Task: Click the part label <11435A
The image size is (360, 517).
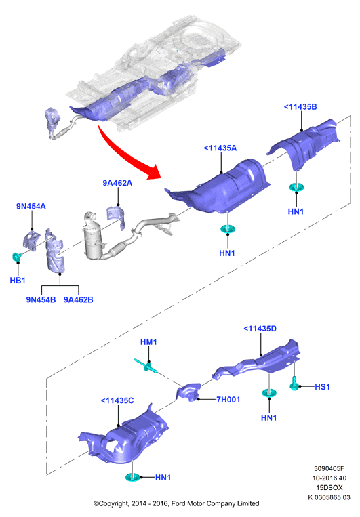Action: tap(220, 148)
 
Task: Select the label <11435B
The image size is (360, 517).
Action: tap(300, 107)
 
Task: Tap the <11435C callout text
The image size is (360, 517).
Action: tap(117, 400)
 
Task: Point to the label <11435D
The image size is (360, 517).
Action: tap(260, 329)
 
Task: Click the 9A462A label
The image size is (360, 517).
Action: tap(117, 183)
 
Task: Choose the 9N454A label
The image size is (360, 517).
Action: tap(31, 207)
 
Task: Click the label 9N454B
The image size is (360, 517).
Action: tap(41, 299)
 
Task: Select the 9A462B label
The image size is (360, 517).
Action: tap(78, 299)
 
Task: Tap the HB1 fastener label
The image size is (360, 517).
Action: tap(18, 281)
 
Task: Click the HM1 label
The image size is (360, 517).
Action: tap(148, 342)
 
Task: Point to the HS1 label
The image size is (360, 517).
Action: tap(322, 387)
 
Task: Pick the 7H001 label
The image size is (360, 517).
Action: tap(228, 400)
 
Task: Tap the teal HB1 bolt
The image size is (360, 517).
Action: tap(16, 256)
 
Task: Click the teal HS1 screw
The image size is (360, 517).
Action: tap(294, 384)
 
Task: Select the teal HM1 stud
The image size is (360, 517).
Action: tap(146, 365)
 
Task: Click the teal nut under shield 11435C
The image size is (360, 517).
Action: tap(133, 477)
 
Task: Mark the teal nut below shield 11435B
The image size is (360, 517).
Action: tap(296, 187)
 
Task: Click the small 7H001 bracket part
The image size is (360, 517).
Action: tap(188, 392)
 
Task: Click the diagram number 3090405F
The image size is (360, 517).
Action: tap(329, 468)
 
